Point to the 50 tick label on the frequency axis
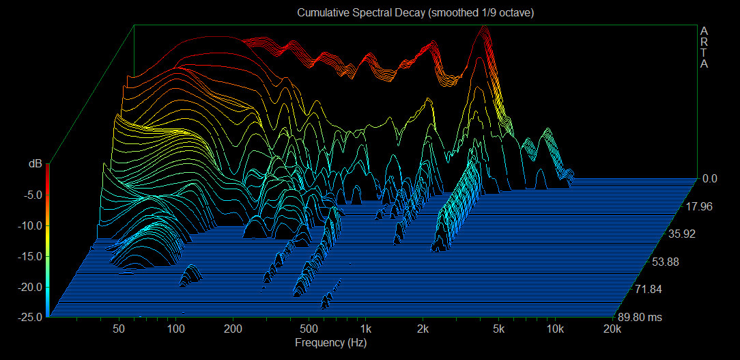[119, 329]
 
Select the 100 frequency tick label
[176, 329]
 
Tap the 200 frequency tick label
[233, 329]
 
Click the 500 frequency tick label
[309, 329]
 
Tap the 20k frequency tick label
[612, 329]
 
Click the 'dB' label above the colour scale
[35, 164]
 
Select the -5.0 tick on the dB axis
[33, 195]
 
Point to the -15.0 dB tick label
[31, 256]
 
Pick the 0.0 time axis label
[709, 179]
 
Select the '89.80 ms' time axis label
[640, 317]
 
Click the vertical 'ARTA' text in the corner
[704, 48]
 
